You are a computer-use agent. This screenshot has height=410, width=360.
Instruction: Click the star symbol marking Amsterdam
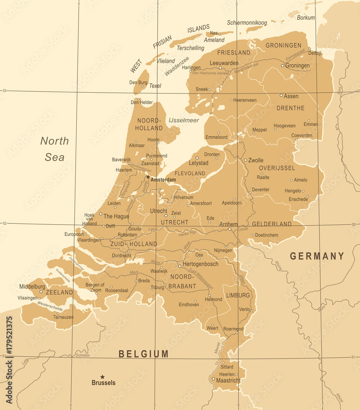148,177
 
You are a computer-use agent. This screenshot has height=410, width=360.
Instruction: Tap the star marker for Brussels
102,377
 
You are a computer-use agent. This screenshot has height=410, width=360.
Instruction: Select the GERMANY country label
317,256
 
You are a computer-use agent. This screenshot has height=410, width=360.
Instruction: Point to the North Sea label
54,149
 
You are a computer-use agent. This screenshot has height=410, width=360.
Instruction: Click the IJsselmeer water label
183,120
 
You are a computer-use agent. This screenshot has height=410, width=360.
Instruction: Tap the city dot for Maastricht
213,379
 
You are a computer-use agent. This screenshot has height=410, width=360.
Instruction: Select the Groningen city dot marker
283,65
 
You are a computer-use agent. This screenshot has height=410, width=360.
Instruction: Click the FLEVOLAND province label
190,173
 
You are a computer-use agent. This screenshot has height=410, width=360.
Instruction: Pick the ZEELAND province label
59,292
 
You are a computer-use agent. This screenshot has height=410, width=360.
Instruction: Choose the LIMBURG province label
238,295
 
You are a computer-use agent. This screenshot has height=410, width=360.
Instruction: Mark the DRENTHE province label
290,108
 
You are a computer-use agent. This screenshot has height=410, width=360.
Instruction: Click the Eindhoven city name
189,305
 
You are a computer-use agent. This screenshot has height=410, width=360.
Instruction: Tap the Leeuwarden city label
224,63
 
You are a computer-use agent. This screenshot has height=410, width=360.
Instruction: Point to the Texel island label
155,86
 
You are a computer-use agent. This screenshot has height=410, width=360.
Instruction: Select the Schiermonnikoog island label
247,23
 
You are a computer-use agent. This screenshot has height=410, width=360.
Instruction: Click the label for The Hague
116,216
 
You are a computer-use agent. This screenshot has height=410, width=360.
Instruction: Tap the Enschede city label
298,199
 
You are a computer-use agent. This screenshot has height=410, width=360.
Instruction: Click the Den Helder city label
141,102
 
